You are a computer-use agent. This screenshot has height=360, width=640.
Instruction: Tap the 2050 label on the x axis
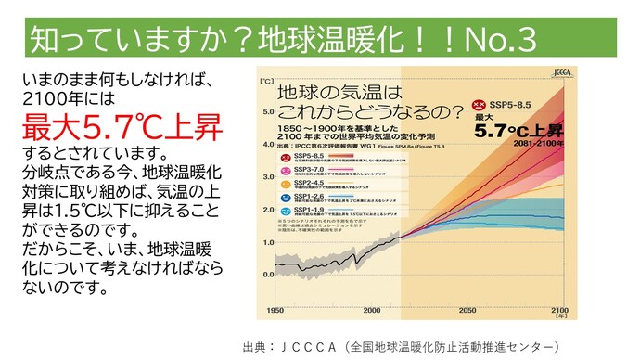467,310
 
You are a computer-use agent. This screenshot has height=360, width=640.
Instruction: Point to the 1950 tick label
275,310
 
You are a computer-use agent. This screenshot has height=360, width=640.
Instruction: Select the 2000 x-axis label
371,310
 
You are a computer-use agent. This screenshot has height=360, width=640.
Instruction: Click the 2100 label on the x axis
559,310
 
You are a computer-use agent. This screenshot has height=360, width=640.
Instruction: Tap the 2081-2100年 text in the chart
537,145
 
